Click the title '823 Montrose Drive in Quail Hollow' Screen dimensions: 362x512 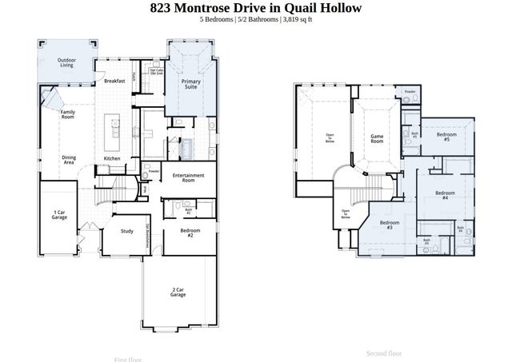pyautogui.click(x=256, y=8)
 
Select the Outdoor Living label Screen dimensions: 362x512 pyautogui.click(x=66, y=62)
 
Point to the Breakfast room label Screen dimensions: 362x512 pyautogui.click(x=114, y=81)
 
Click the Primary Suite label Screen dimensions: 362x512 pyautogui.click(x=191, y=84)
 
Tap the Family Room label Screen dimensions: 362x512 pyautogui.click(x=68, y=114)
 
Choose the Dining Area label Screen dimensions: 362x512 pyautogui.click(x=69, y=160)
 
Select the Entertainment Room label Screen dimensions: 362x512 pyautogui.click(x=189, y=178)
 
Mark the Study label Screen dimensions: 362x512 pyautogui.click(x=126, y=232)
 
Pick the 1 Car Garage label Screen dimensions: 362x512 pyautogui.click(x=59, y=214)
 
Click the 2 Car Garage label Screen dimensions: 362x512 pyautogui.click(x=178, y=292)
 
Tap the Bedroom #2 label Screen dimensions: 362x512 pyautogui.click(x=188, y=233)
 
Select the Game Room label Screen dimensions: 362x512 pyautogui.click(x=377, y=139)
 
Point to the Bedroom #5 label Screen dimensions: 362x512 pyautogui.click(x=445, y=137)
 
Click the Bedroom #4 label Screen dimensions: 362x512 pyautogui.click(x=445, y=195)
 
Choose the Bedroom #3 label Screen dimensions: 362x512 pyautogui.click(x=390, y=225)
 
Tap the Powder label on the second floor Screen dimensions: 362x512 pyautogui.click(x=410, y=92)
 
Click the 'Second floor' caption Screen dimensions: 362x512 pyautogui.click(x=384, y=352)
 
